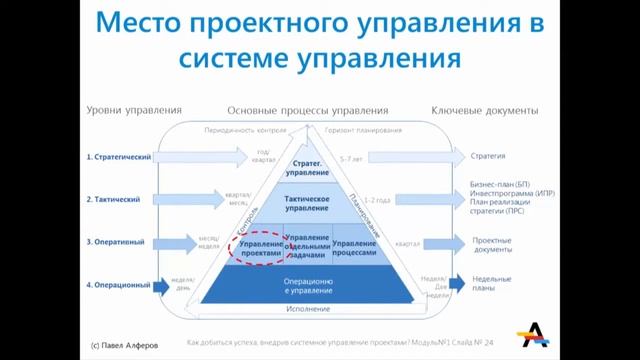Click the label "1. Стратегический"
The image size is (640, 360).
[x=119, y=157]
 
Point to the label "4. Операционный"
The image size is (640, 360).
[x=118, y=285]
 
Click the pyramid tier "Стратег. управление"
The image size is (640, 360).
[x=308, y=168]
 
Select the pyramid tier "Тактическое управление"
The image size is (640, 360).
[x=308, y=204]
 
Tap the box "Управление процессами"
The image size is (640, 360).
[x=354, y=249]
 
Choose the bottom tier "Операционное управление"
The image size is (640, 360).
[x=308, y=286]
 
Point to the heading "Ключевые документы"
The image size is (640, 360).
[x=485, y=110]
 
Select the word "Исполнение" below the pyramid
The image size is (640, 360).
[x=308, y=310]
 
